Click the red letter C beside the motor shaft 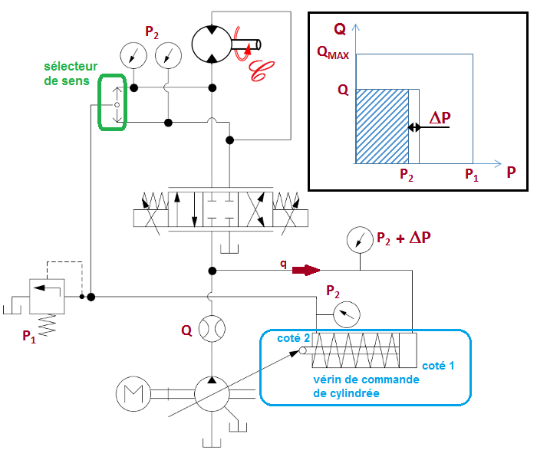262,70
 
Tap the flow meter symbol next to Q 211,330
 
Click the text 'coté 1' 439,366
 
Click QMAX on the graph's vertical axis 331,54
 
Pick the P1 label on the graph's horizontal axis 472,176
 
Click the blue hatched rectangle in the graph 382,126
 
